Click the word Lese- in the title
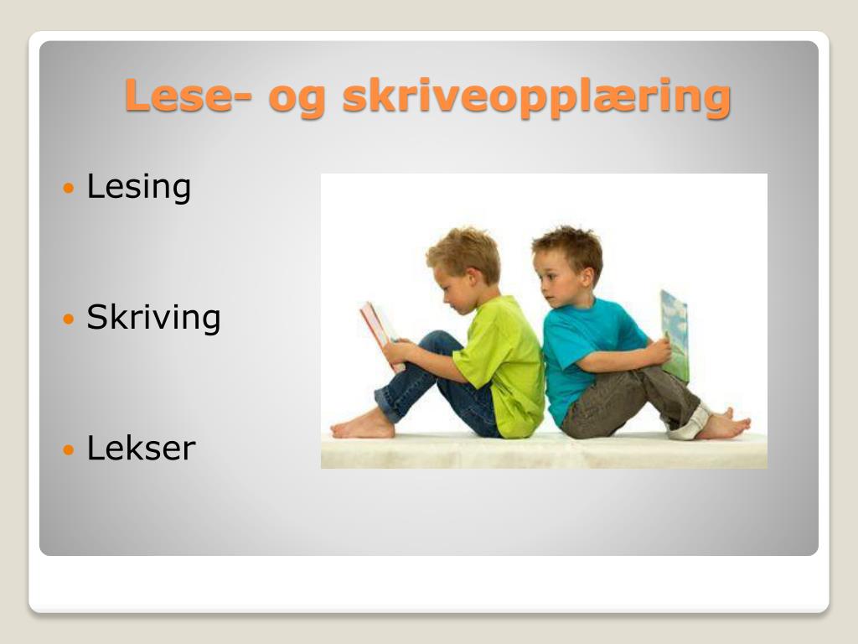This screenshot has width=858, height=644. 189,96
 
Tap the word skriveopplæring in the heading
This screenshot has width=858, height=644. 537,98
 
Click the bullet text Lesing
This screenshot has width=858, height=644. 139,188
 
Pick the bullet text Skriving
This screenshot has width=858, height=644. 154,318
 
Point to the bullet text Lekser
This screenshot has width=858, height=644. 141,448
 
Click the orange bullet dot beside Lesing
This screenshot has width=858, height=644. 69,189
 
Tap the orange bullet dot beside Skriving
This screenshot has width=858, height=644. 69,319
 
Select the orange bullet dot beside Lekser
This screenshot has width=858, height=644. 69,449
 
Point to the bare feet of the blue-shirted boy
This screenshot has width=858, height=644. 723,424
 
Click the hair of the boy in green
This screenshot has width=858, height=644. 464,252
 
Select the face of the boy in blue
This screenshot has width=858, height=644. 554,279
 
